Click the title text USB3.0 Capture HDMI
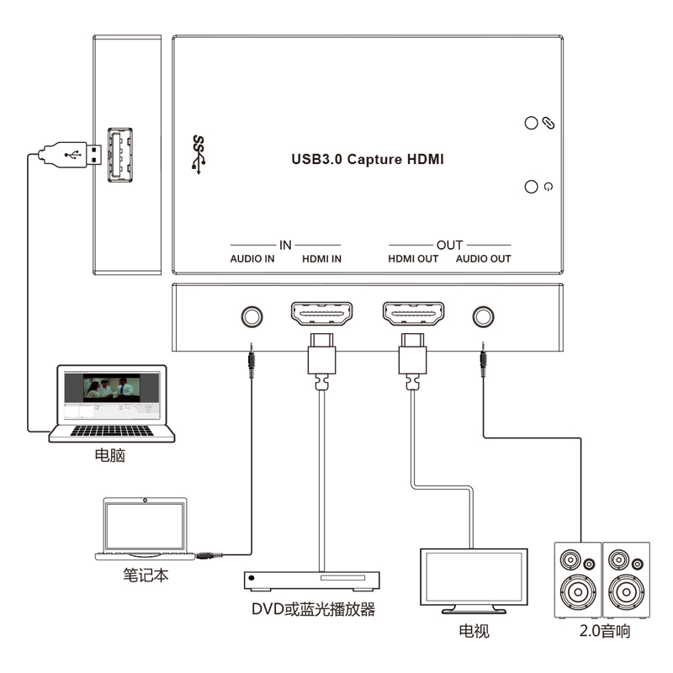point(367,158)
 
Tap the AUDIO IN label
point(252,259)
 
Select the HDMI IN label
point(321,259)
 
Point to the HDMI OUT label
point(412,259)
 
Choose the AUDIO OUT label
point(484,259)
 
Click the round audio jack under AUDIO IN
point(252,317)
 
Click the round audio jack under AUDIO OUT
point(483,317)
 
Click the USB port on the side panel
point(120,154)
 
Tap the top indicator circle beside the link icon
point(531,123)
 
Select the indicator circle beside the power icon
point(531,187)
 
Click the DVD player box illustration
point(311,580)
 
